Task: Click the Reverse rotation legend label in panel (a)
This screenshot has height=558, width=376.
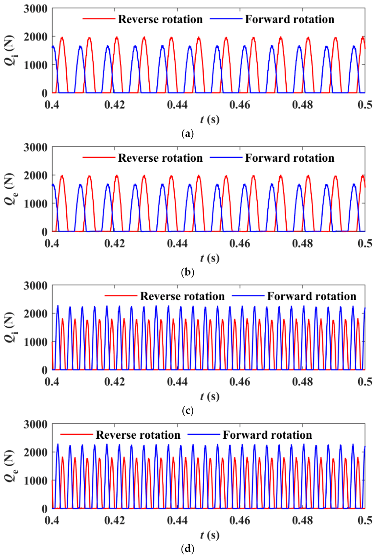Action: coord(160,19)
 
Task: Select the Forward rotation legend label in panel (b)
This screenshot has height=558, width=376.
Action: coord(289,158)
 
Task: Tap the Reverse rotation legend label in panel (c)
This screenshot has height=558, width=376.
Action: coord(182,296)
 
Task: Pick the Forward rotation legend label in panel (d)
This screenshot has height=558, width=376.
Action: coord(267,435)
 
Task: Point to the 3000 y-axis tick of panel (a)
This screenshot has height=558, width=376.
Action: coord(36,9)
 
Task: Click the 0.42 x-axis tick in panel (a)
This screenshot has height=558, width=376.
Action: coord(114,105)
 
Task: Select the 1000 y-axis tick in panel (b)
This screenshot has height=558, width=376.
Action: coord(36,204)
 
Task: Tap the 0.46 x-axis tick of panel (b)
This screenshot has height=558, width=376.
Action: coord(240,243)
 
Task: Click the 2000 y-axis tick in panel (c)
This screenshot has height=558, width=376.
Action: coord(36,314)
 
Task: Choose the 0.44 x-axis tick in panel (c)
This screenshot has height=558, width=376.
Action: coord(177,382)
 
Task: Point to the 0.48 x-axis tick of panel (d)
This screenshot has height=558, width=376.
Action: coord(302,521)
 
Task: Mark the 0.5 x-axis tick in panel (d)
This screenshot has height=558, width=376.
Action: coord(365,521)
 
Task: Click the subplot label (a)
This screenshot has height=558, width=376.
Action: coord(188,134)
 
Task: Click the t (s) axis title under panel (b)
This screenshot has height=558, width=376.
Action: coord(210,258)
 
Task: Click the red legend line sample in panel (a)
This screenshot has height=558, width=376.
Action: coord(99,19)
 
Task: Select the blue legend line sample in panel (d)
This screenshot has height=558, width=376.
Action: coord(204,435)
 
